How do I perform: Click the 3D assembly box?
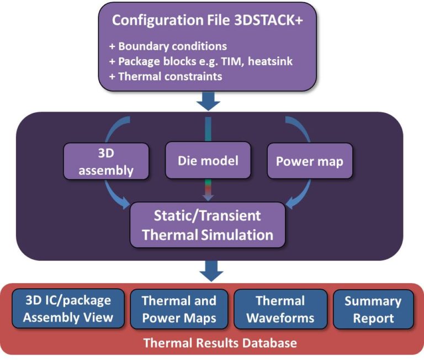[x=106, y=161]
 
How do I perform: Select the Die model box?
[x=208, y=161]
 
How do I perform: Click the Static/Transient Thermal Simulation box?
[x=208, y=224]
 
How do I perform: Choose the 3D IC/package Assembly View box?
[x=68, y=309]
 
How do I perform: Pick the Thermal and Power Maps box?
[x=179, y=309]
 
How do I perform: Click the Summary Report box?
[x=373, y=309]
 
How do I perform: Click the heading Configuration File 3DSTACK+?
[x=209, y=20]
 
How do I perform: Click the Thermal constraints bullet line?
[x=165, y=76]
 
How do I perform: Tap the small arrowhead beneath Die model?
[x=208, y=195]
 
